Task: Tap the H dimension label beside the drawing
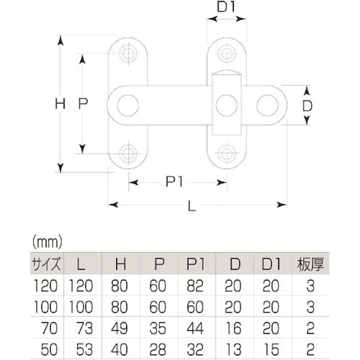(61, 105)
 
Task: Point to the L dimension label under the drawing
(191, 206)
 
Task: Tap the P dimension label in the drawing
(84, 104)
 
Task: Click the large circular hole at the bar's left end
(128, 105)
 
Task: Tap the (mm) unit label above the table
(46, 241)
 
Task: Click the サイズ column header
(46, 263)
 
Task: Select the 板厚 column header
(311, 263)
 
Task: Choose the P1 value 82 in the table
(194, 286)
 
